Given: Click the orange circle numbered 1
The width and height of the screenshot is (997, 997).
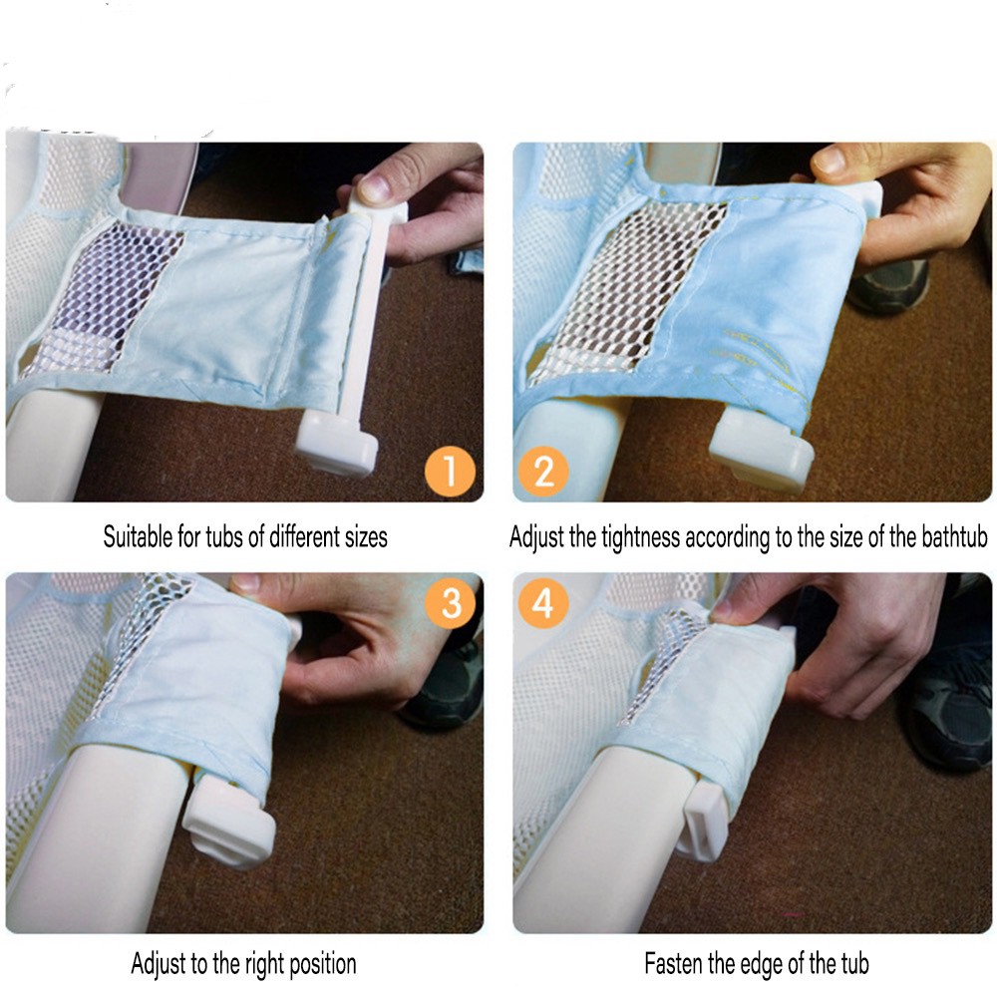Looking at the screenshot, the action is click(x=450, y=472).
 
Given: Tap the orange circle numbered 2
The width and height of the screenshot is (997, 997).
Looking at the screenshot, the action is click(x=543, y=472).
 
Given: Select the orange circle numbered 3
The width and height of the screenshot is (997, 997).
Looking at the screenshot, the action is click(x=451, y=603).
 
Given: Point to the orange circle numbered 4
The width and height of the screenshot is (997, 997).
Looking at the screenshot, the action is click(x=542, y=603).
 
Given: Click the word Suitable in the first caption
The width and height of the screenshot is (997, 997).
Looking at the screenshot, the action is click(x=138, y=536).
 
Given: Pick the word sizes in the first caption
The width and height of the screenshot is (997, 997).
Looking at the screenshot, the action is click(x=366, y=537).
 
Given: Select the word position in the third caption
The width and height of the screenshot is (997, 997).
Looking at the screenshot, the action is click(x=322, y=964).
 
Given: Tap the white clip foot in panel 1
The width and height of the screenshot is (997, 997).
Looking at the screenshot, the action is click(x=336, y=442).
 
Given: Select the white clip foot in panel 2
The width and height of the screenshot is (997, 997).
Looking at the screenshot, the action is click(x=761, y=448).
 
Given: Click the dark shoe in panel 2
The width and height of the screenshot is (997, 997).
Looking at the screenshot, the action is click(x=889, y=285).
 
